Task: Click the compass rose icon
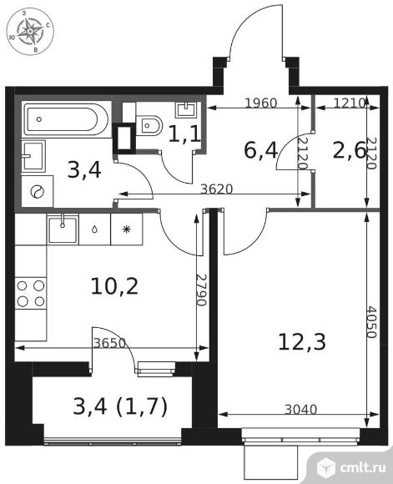coord(30,32)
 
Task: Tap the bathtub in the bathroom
coord(66,119)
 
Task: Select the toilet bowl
coord(149,126)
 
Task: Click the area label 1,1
coord(185,134)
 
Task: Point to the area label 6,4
coord(261,150)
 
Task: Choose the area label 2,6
coord(349,150)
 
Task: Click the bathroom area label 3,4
coord(84,170)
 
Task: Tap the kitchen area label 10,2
coord(114,286)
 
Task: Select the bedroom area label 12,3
coord(301,342)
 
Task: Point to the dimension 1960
coord(261,103)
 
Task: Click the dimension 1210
coord(350,103)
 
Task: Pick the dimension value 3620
coord(216,189)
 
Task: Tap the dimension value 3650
coord(109,343)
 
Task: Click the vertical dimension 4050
coord(371,322)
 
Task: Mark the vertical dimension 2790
coord(201,290)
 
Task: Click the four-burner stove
coord(31,293)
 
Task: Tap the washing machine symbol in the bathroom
coord(37,192)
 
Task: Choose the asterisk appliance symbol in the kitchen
coord(126,229)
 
